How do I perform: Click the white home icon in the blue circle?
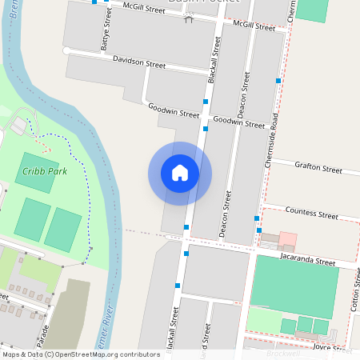coord(180,173)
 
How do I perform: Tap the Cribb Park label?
coord(45,171)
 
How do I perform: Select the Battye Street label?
coord(104,37)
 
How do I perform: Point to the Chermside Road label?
coord(274,141)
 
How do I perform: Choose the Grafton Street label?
coord(318,167)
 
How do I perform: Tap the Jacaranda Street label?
coord(307,261)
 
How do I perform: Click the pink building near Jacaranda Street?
coord(286,240)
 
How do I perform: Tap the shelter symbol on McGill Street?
coord(189,18)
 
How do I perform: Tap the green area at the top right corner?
coord(312,10)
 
